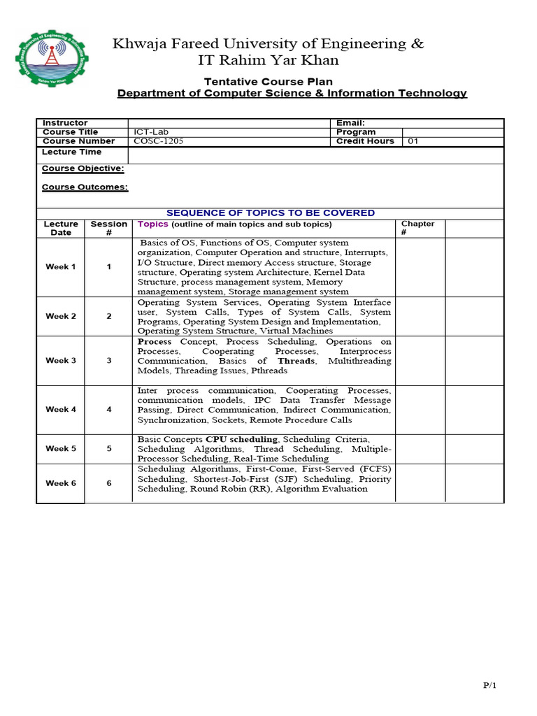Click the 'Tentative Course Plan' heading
coord(268,82)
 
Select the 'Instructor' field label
coord(65,123)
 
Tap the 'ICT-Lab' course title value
coord(151,132)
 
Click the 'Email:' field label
coord(350,123)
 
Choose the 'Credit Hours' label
coord(365,141)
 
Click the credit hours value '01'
coord(413,141)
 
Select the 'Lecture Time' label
coord(71,152)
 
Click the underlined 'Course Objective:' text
coord(83,169)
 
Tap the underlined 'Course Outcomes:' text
coord(85,187)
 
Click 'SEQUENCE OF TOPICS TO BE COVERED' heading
coord(270,213)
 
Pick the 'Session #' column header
coord(108,228)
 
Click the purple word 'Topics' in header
coord(153,224)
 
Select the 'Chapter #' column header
coord(417,228)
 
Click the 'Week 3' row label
coord(61,361)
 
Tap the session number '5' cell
coord(108,449)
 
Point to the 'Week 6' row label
coord(61,483)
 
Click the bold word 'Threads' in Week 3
coord(297,361)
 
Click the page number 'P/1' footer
coord(489,686)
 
